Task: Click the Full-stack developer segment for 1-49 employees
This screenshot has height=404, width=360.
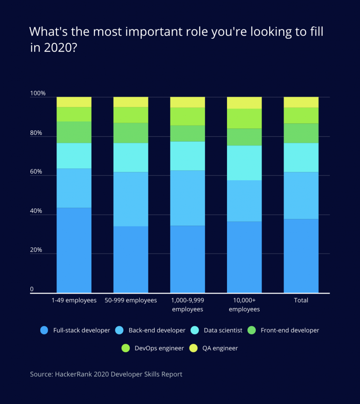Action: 74,250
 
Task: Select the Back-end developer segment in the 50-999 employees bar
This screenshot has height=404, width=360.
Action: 131,199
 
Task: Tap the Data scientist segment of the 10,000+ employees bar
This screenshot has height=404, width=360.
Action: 244,163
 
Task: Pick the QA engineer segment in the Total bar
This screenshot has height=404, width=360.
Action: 301,102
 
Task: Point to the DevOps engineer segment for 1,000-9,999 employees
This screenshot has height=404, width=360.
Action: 187,116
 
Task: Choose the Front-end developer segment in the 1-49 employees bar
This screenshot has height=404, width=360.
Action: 74,132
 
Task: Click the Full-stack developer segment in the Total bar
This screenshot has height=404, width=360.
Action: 301,256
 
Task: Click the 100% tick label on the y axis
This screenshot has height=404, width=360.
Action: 38,94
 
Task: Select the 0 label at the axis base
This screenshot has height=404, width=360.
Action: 32,290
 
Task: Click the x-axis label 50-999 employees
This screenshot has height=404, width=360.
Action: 131,300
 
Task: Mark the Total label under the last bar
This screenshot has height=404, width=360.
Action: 301,300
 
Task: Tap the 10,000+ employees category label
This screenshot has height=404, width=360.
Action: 244,305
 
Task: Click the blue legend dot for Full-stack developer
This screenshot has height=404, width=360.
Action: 45,330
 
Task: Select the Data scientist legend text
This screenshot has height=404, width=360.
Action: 223,330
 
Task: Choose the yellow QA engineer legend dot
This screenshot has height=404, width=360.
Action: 193,348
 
